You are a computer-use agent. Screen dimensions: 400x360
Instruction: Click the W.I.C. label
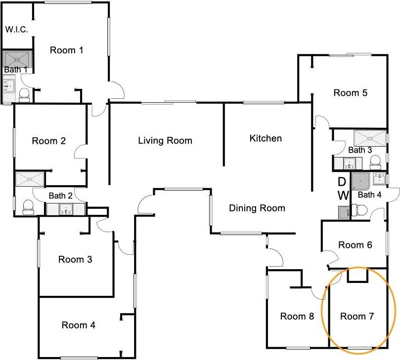[x=17, y=30]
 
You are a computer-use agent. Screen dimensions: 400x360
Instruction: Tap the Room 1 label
[x=67, y=50]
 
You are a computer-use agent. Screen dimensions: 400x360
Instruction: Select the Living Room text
[x=165, y=141]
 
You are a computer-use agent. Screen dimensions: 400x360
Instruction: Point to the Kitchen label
[x=266, y=138]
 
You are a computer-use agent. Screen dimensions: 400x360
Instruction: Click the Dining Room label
[x=257, y=208]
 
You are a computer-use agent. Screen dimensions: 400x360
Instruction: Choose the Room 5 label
[x=350, y=93]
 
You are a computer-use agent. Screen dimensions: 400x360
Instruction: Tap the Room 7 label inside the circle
[x=357, y=316]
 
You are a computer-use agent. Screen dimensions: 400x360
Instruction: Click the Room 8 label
[x=297, y=316]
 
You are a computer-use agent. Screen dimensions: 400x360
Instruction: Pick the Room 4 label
[x=78, y=325]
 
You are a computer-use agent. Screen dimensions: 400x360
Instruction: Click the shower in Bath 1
[x=17, y=59]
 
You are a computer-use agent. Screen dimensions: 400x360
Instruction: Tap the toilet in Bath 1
[x=25, y=95]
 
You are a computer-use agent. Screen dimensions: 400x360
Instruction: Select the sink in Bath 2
[x=66, y=209]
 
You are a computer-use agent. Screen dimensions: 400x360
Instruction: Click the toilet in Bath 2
[x=28, y=207]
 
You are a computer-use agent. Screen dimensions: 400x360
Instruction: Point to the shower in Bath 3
[x=370, y=138]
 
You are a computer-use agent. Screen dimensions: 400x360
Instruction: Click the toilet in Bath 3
[x=375, y=162]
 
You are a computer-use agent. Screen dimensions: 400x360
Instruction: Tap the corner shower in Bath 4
[x=360, y=181]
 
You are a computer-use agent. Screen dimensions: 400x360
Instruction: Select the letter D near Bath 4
[x=342, y=182]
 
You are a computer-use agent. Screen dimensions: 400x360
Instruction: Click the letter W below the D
[x=343, y=196]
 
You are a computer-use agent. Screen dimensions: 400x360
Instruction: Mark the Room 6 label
[x=355, y=245]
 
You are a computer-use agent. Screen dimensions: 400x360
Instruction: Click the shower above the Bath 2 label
[x=30, y=179]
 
